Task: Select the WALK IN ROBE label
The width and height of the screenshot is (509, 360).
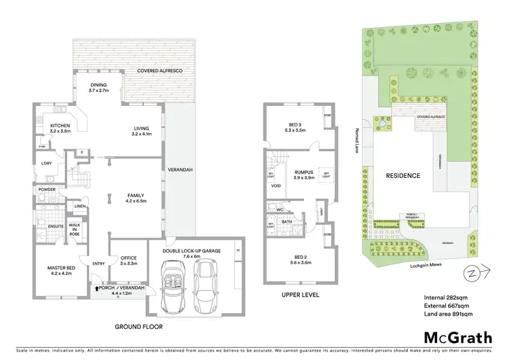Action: tap(75, 229)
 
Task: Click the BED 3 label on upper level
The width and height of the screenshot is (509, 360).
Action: tap(297, 125)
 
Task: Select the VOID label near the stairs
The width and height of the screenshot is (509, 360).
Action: tap(276, 185)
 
